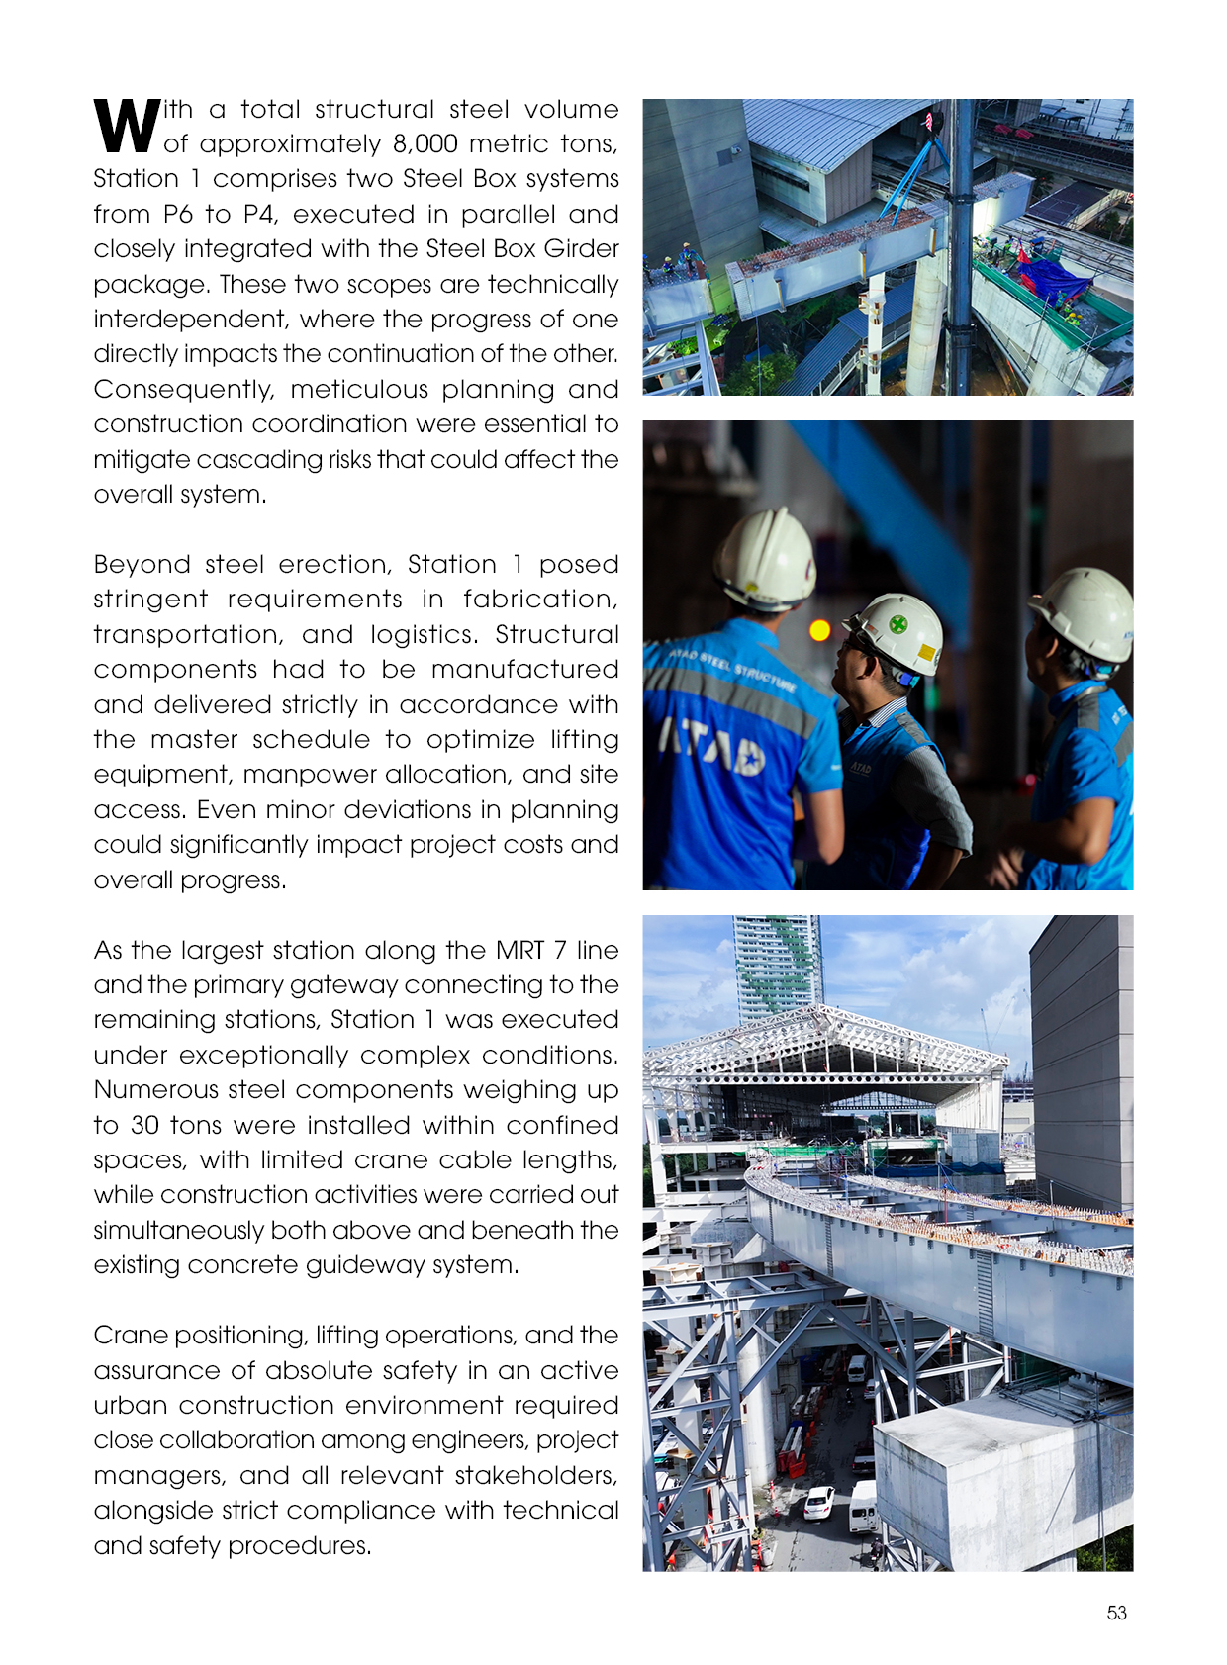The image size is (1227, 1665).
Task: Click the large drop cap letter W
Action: tap(127, 126)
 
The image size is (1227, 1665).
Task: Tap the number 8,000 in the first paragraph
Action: tap(425, 144)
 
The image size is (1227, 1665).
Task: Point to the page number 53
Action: tap(1116, 1613)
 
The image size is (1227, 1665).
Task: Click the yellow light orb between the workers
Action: tap(819, 629)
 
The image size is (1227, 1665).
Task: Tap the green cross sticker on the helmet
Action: tap(897, 624)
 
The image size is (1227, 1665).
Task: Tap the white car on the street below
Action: tap(818, 1503)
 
